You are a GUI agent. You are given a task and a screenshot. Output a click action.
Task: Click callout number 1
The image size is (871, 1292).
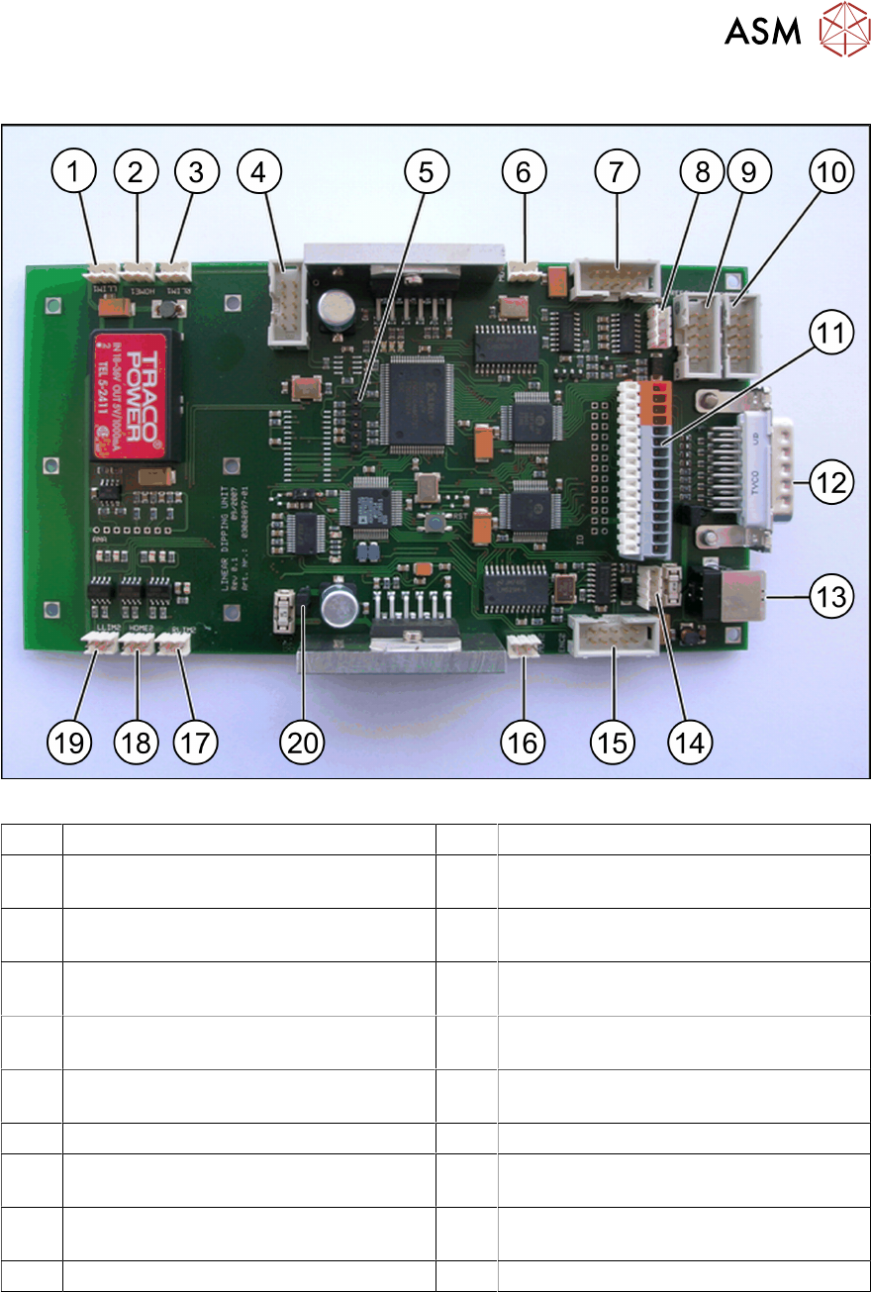tap(73, 172)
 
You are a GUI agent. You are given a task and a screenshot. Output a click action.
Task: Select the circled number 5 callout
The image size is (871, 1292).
tap(426, 172)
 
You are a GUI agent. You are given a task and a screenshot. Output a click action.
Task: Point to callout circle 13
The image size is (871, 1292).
tap(829, 596)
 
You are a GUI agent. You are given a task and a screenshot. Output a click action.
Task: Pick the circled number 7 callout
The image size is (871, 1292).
tap(617, 172)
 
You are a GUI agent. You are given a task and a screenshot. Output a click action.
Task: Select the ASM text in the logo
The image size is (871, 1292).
tap(762, 32)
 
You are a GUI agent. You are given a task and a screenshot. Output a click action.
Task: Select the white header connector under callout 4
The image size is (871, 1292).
tap(287, 302)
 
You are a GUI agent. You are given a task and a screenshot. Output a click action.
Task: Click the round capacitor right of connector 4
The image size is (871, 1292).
tap(332, 310)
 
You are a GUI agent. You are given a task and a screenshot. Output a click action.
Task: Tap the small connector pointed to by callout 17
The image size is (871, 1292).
tap(175, 645)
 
